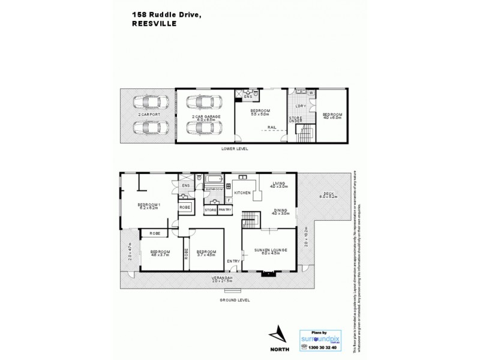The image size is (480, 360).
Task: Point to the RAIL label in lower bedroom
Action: click(272, 127)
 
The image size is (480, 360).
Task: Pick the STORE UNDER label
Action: click(295, 120)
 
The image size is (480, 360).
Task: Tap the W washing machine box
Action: click(311, 92)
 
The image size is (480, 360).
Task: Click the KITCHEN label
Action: click(242, 193)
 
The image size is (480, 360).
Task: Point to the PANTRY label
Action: click(225, 210)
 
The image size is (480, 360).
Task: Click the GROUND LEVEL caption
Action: click(235, 300)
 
